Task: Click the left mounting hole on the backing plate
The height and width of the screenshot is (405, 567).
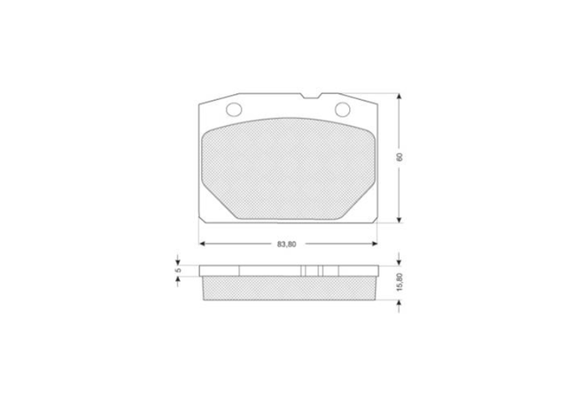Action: coord(234,109)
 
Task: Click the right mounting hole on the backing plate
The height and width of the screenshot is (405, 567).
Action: coord(342,109)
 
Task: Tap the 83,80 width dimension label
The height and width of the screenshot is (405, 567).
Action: coord(287,244)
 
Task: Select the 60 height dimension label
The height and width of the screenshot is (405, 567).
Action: coord(400,157)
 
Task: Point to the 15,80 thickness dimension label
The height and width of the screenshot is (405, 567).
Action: coord(400,282)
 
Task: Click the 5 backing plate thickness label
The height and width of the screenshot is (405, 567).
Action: coord(177,269)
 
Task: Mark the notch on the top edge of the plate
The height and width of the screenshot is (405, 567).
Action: coord(311,97)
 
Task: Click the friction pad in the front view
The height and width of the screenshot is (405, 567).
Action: coord(288,168)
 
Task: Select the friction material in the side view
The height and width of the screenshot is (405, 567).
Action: coord(289,289)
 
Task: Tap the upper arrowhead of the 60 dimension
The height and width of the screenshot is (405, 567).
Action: coord(399,97)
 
